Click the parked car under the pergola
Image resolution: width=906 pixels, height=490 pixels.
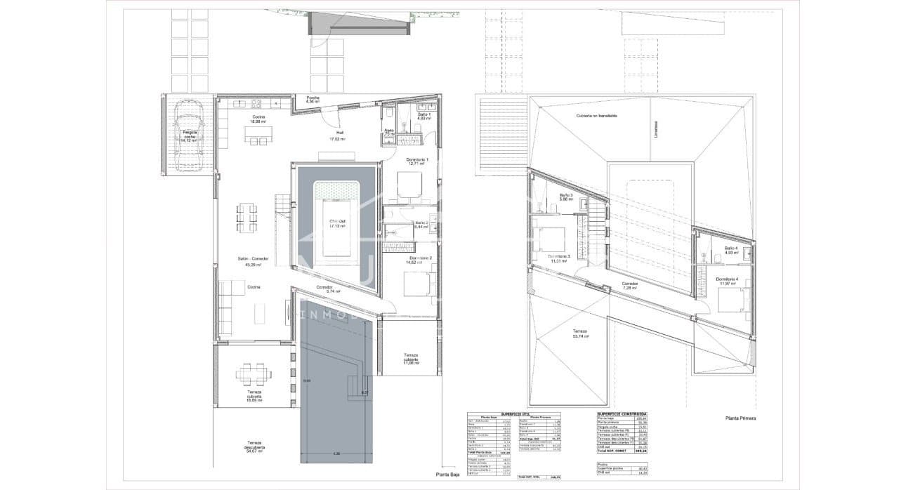point(187,135)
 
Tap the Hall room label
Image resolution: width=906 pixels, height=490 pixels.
point(339,132)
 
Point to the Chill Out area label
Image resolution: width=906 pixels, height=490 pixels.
point(338,223)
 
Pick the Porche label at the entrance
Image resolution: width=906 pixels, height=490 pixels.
point(313,98)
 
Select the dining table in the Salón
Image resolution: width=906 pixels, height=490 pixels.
point(247,217)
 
